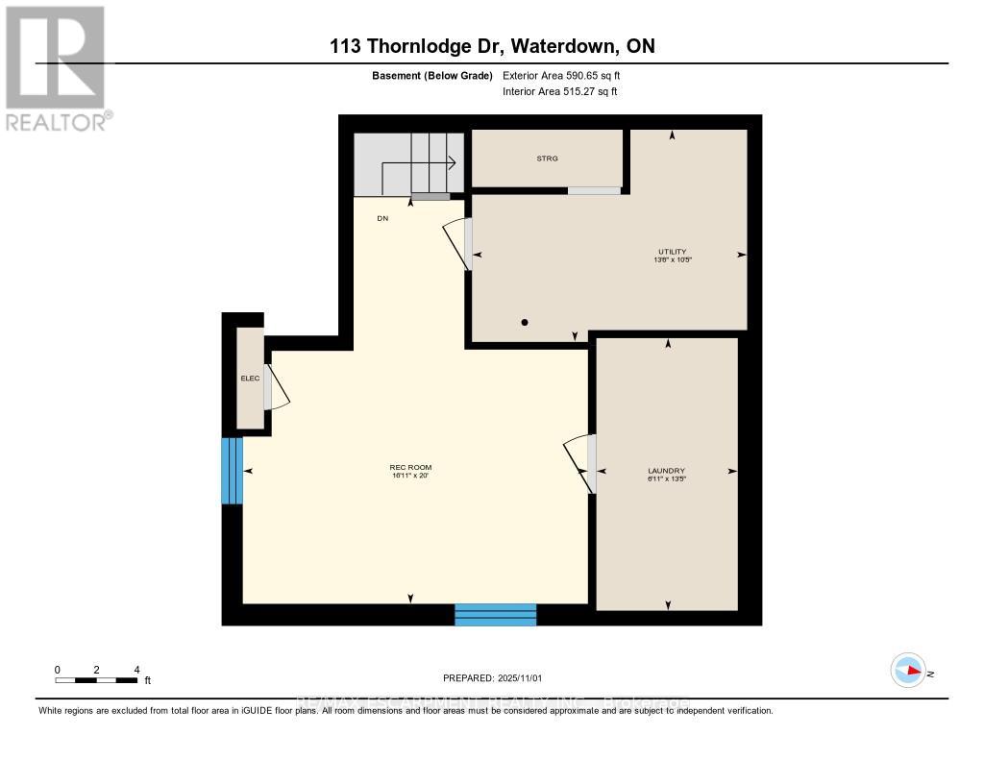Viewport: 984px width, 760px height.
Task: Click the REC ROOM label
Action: pos(411,468)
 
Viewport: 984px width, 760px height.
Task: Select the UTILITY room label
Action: pos(673,252)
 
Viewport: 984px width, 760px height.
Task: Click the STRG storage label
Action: pos(548,159)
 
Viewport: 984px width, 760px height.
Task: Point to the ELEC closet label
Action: pos(250,379)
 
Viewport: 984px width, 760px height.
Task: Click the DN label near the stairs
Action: pos(382,219)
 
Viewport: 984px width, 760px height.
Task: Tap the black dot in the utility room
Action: pos(525,323)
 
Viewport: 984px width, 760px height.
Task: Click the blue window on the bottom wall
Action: pos(495,615)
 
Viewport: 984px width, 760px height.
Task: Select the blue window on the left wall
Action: pos(232,471)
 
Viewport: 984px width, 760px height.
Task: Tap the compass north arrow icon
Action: pos(908,671)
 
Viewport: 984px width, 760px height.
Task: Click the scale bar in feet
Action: pos(97,680)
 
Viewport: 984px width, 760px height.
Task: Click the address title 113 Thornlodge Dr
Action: pos(492,46)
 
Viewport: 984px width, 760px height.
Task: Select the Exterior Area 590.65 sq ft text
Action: pos(568,76)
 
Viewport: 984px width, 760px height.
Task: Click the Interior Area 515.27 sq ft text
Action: pos(560,92)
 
